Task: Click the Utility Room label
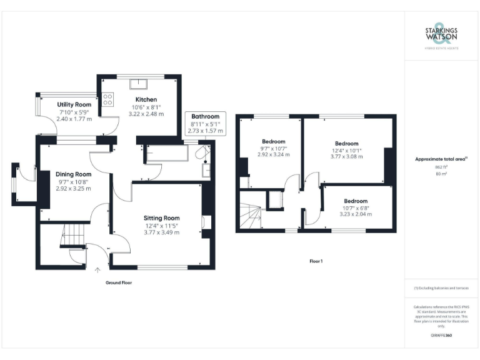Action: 74,104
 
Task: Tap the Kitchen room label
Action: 146,99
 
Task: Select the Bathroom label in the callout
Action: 205,116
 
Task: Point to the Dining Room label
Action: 74,174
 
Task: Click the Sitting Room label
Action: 162,218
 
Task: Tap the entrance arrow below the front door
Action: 97,270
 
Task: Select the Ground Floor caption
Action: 118,282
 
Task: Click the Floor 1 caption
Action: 316,261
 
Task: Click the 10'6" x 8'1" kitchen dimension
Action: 146,107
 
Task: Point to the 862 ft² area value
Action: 442,167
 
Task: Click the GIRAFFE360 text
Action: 442,336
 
